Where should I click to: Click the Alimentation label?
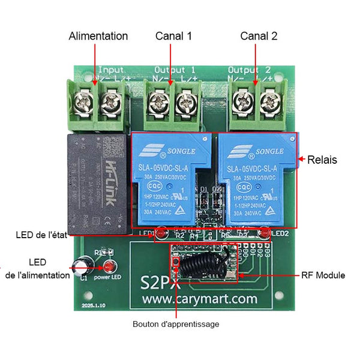tap(98, 36)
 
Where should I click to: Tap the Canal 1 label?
tap(173, 36)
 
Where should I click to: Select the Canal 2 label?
tap(259, 36)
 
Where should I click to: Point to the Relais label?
tap(322, 160)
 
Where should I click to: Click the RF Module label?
tap(323, 275)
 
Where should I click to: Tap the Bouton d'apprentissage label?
tap(176, 324)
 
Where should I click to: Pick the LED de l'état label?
tap(41, 235)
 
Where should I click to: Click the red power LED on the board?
tap(109, 267)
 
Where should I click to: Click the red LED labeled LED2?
tap(263, 232)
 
